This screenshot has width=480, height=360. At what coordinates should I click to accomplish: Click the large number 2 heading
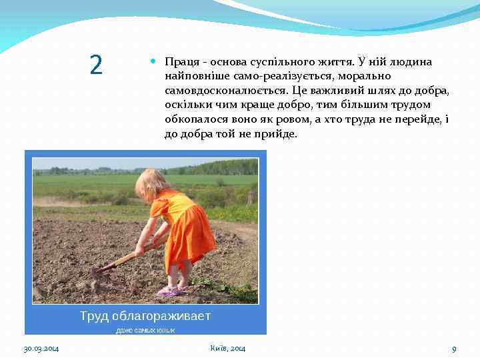pyautogui.click(x=96, y=65)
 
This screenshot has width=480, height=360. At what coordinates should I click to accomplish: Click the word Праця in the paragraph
pyautogui.click(x=181, y=62)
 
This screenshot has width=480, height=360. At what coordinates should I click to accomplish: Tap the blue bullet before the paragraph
pyautogui.click(x=153, y=61)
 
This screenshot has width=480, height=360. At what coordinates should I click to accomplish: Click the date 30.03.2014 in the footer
pyautogui.click(x=41, y=349)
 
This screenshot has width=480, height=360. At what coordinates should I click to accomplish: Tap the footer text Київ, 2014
pyautogui.click(x=227, y=349)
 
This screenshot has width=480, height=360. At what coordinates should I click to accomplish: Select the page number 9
pyautogui.click(x=454, y=349)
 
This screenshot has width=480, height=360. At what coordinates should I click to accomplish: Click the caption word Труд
pyautogui.click(x=95, y=315)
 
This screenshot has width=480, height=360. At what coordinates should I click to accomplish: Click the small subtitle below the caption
pyautogui.click(x=145, y=330)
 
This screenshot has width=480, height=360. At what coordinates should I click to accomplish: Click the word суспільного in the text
pyautogui.click(x=270, y=62)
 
